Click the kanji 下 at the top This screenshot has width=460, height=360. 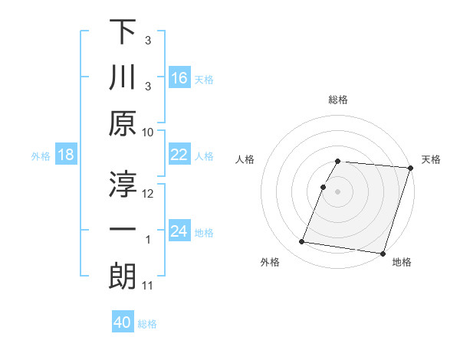coord(123,32)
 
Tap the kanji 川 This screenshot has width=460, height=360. coord(123,78)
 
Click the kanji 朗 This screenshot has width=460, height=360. coord(123,277)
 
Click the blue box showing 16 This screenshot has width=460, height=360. coord(179,78)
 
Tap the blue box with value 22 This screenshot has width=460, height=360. coord(179,155)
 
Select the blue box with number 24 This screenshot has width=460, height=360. coord(179,231)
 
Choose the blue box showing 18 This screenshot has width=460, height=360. coord(66,155)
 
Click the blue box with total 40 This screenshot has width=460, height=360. coord(123,322)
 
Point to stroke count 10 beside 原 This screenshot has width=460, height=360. coord(148,133)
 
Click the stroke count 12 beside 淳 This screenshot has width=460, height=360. coord(148,194)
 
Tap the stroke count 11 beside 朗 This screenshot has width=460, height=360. coord(148,286)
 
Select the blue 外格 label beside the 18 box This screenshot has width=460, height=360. coord(41,155)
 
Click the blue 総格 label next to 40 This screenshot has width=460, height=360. coord(147,323)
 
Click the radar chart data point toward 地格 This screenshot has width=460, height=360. coord(382,253)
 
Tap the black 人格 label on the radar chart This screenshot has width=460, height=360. coord(246,159)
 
